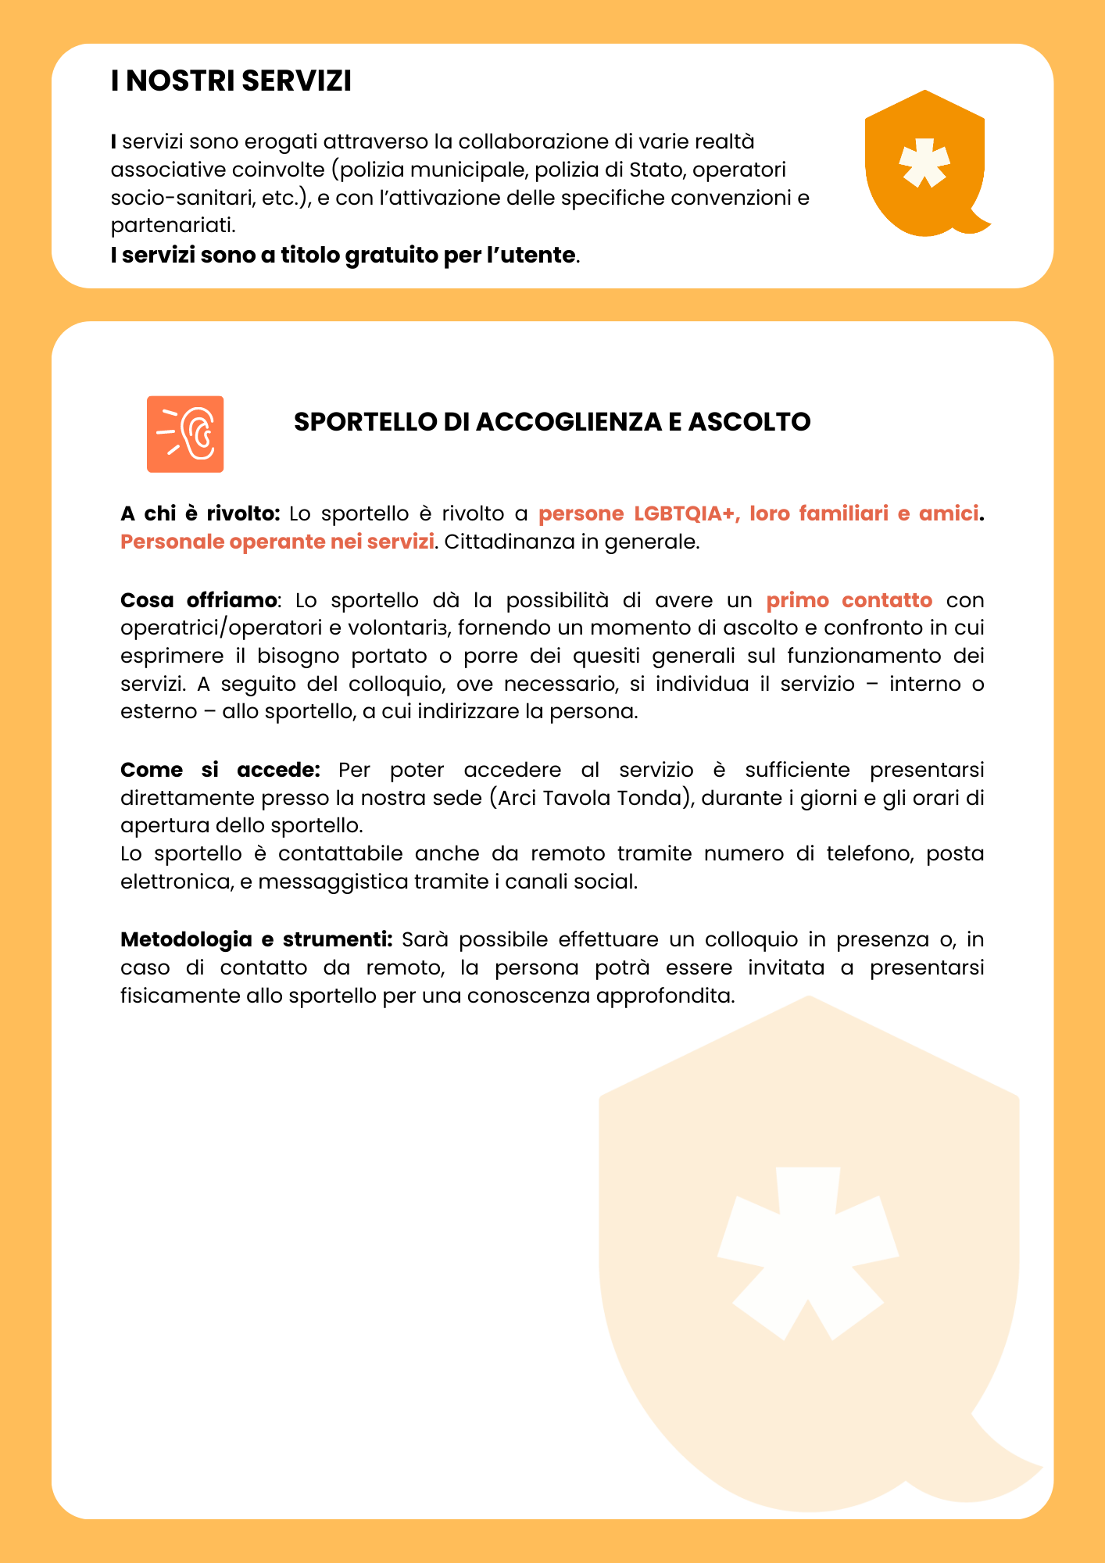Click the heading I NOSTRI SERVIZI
click(x=231, y=81)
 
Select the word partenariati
click(x=172, y=226)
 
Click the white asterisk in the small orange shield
click(x=924, y=163)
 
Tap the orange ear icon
click(x=185, y=435)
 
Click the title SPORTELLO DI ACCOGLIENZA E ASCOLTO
click(x=552, y=422)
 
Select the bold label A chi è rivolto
click(x=200, y=513)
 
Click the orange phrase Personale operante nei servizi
click(x=277, y=542)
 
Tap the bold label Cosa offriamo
click(x=198, y=600)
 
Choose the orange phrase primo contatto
click(x=849, y=600)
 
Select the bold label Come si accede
click(x=220, y=770)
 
